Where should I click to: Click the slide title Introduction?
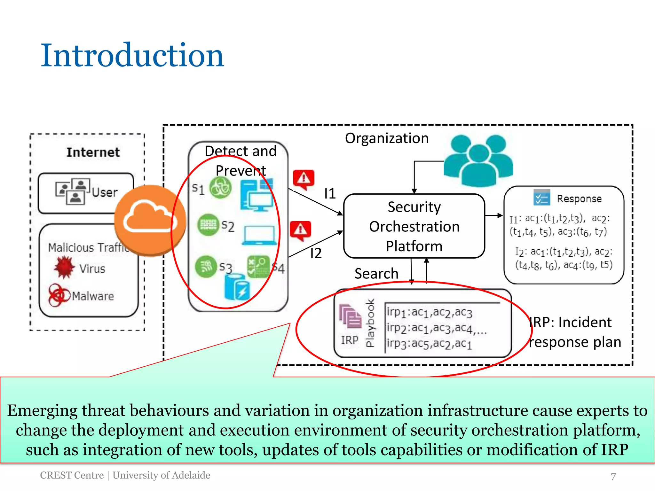(132, 56)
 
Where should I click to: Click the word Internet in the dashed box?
(93, 152)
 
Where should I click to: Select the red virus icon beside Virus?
(64, 267)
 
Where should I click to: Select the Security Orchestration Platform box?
(414, 226)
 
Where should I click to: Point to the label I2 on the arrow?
(316, 253)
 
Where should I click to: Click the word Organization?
(386, 138)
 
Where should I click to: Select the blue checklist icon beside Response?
(541, 198)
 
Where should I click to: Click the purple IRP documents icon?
(350, 316)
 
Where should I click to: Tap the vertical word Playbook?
(370, 323)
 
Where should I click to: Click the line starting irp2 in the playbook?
(436, 328)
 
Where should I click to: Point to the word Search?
(376, 274)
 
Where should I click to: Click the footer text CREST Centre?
(72, 475)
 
